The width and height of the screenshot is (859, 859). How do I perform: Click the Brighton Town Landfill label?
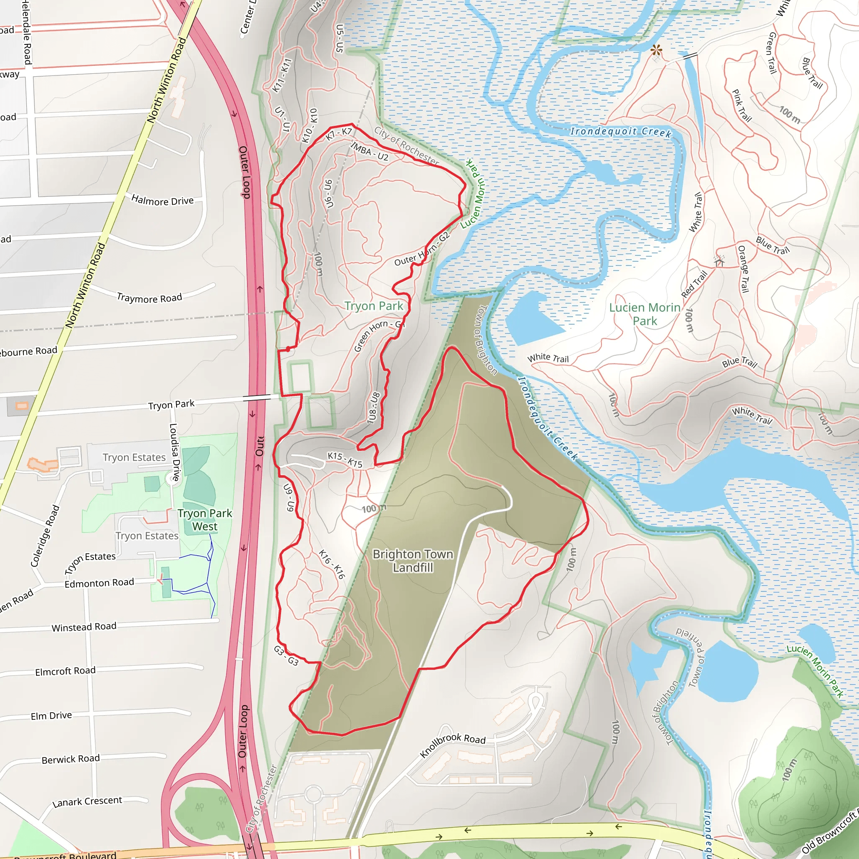(413, 561)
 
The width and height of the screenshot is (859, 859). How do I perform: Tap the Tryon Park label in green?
(373, 306)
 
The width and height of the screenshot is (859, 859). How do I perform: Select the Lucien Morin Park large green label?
(644, 314)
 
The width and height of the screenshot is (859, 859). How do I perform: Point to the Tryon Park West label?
(205, 520)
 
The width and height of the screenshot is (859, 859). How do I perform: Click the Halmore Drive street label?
(162, 200)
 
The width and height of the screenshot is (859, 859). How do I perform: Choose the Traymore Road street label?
(149, 298)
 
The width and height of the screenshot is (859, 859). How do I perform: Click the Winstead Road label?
(84, 627)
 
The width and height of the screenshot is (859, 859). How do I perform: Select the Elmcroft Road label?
(65, 671)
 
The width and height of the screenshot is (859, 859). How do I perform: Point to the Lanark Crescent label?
(87, 801)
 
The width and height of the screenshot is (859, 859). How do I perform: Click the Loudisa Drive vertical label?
(174, 452)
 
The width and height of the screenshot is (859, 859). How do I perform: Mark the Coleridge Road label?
(45, 536)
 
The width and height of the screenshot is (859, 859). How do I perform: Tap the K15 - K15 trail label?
(345, 460)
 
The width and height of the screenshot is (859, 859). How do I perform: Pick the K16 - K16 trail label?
(332, 564)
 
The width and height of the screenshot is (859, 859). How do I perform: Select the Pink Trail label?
(742, 106)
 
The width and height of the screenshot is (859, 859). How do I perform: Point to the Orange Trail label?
(743, 269)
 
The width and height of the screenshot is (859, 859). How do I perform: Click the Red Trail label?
(694, 284)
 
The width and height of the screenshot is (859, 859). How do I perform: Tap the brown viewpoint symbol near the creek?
(656, 51)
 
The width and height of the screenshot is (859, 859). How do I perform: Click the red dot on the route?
(288, 349)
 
